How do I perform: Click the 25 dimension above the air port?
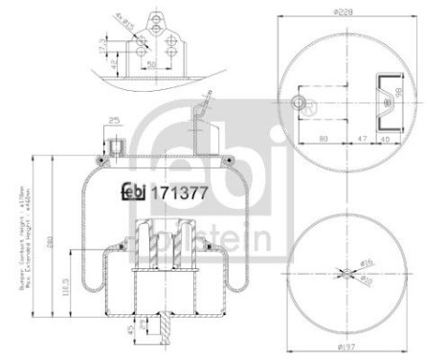click(x=114, y=121)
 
